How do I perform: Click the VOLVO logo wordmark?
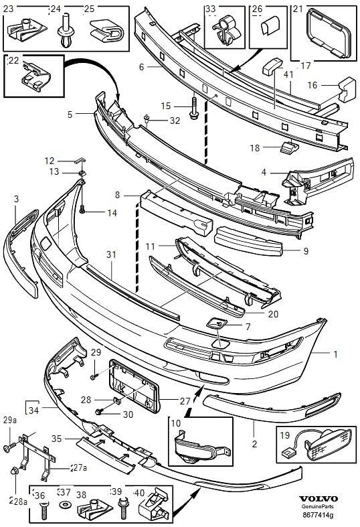pyautogui.click(x=318, y=499)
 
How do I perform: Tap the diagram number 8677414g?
pyautogui.click(x=318, y=514)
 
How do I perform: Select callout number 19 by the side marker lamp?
pyautogui.click(x=284, y=435)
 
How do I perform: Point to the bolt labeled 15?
pyautogui.click(x=194, y=108)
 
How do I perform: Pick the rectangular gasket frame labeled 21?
pyautogui.click(x=328, y=33)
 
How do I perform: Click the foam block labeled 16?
pyautogui.click(x=347, y=89)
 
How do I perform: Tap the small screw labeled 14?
pyautogui.click(x=82, y=209)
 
